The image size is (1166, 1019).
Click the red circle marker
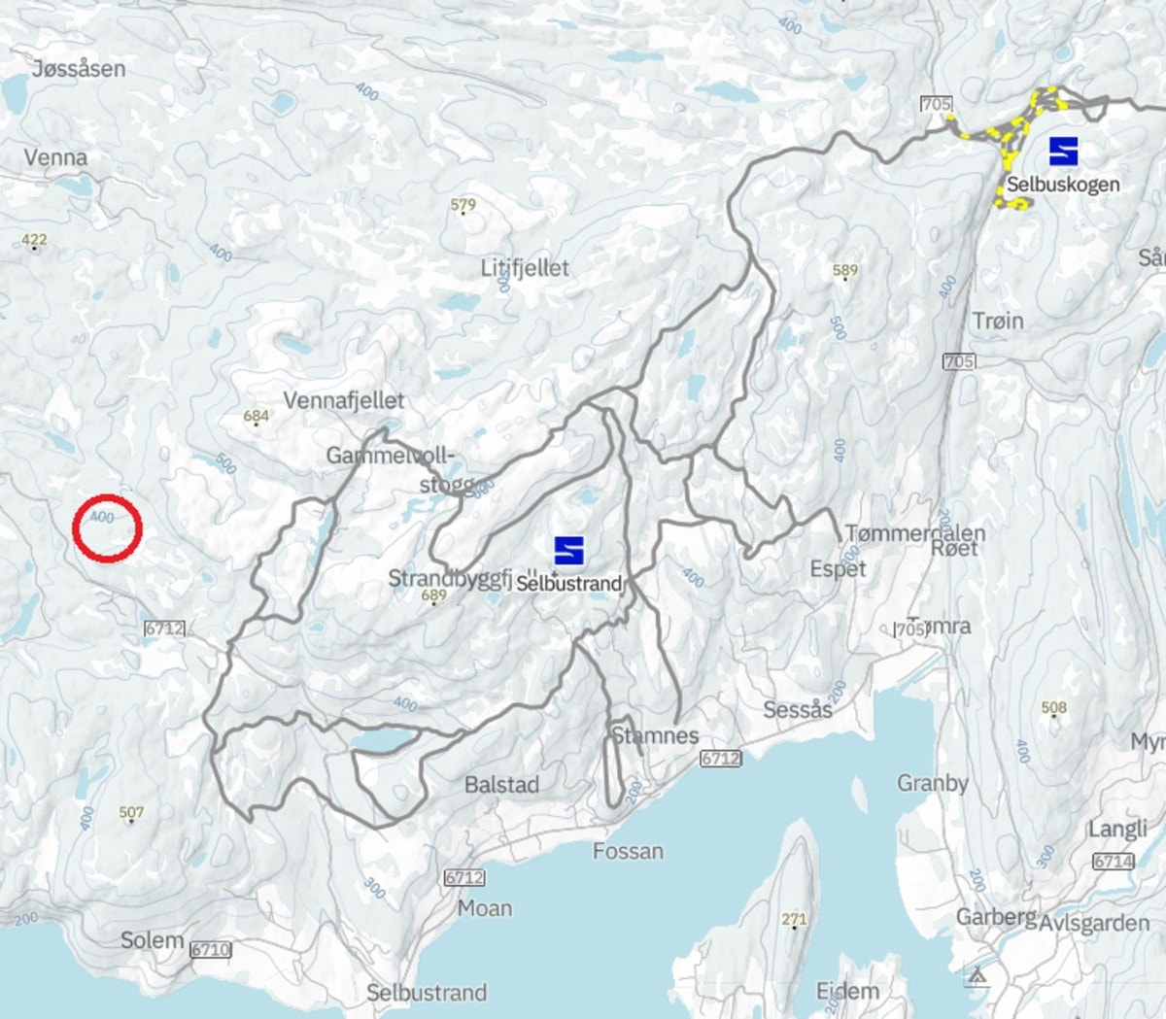[108, 527]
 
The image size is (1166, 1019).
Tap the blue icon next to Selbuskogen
[1063, 151]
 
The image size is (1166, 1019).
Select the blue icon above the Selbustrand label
[568, 550]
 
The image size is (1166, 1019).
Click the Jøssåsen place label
[79, 68]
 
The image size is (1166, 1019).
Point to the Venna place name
[55, 156]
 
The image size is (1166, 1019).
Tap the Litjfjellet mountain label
[525, 267]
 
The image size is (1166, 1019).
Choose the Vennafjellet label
[344, 399]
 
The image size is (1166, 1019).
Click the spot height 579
[463, 206]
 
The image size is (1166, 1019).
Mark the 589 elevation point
[845, 272]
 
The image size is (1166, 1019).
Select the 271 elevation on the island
[794, 919]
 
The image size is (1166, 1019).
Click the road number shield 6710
[210, 949]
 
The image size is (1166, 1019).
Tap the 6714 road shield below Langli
[1114, 861]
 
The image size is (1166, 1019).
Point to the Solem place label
[153, 939]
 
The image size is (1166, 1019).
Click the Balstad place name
[501, 784]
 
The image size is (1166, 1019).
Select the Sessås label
[798, 709]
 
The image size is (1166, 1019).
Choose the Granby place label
[932, 782]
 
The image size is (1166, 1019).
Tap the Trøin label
[998, 320]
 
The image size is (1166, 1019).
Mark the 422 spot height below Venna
[34, 241]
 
